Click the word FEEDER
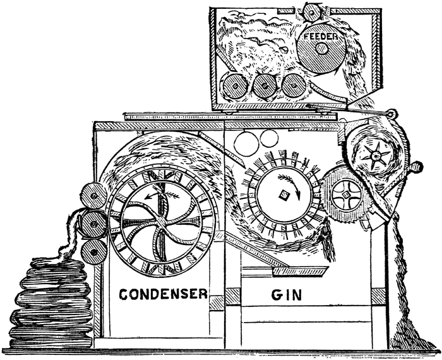point(323,37)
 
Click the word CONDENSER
point(164,294)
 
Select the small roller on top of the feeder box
point(309,11)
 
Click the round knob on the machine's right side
point(415,167)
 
